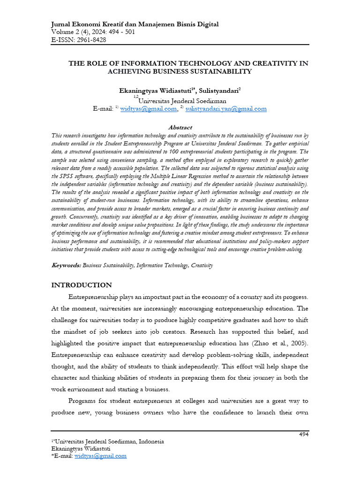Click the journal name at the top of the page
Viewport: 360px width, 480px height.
[134, 24]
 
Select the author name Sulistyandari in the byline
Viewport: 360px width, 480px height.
[220, 90]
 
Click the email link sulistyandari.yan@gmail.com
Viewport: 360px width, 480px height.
[226, 109]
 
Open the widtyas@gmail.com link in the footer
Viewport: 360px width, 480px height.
[100, 456]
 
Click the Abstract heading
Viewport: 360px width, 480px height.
[180, 127]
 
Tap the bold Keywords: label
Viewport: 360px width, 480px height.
[66, 265]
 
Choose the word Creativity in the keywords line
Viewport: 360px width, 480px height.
[202, 265]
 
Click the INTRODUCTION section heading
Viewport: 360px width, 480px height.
[81, 285]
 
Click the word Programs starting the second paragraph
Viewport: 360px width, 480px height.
[83, 400]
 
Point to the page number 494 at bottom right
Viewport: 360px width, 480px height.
[304, 435]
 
